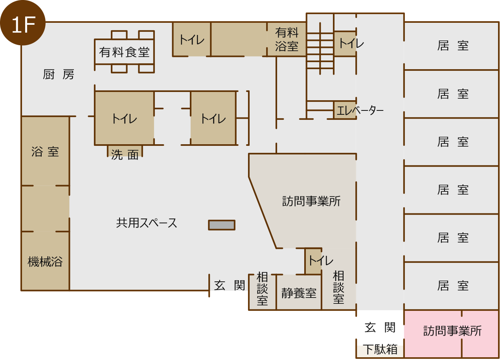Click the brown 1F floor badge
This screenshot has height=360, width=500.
tap(22, 22)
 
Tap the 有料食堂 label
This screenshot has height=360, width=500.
tap(124, 52)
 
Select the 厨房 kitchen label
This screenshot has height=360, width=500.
tap(59, 75)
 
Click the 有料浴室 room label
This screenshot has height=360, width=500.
tap(287, 39)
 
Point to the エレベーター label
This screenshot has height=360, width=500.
tap(360, 110)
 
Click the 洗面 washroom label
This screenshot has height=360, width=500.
tap(125, 155)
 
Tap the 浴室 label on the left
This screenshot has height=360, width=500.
tap(45, 152)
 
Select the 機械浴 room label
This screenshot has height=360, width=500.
tap(45, 262)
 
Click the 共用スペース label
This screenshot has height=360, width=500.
tap(147, 223)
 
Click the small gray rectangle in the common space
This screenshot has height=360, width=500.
tap(222, 225)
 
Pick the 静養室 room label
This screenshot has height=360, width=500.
tap(299, 293)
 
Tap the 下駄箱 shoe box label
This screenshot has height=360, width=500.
tap(380, 349)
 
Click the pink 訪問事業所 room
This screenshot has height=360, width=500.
tap(452, 334)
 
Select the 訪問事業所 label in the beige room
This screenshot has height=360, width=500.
tap(311, 201)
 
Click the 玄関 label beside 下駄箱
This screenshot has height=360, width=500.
tap(380, 328)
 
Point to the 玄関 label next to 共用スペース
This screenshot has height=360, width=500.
tap(230, 285)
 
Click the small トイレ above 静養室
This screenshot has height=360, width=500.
tap(321, 261)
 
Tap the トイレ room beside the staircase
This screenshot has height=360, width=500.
tap(345, 43)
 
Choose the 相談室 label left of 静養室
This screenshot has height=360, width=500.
tap(262, 288)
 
